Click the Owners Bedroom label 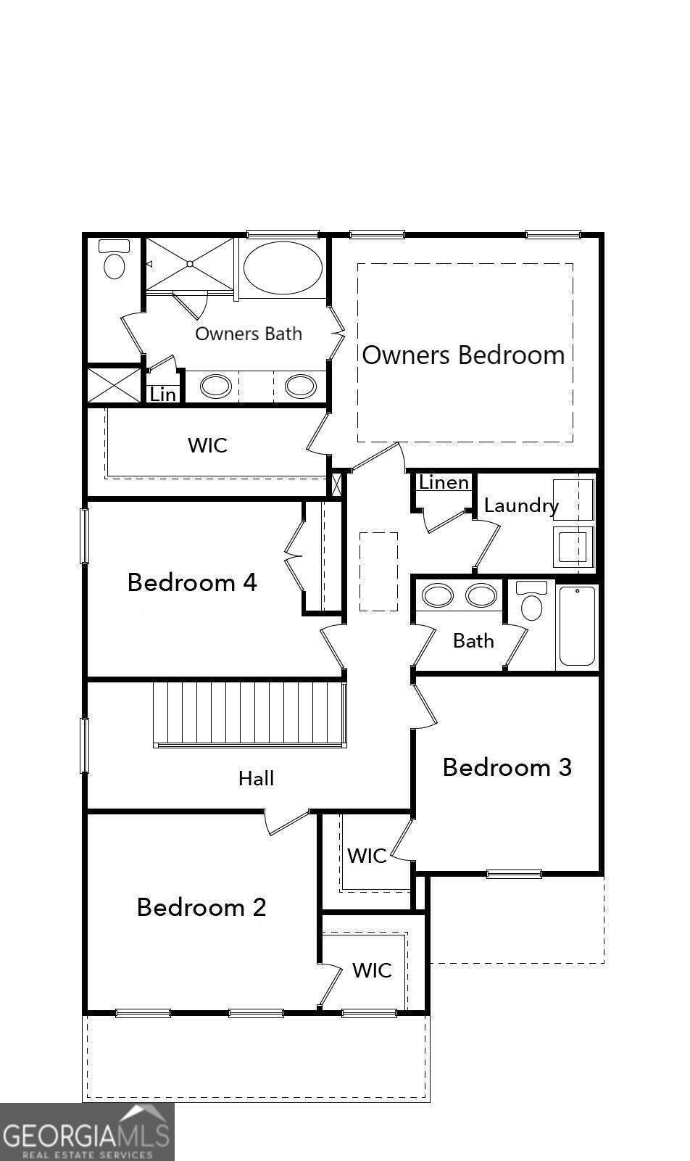coord(463,355)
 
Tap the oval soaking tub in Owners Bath coord(283,268)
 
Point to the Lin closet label coord(163,394)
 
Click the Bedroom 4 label coord(192,582)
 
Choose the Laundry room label coord(521,505)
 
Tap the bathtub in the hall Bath coord(577,626)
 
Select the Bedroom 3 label coord(507,767)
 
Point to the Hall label coord(257,779)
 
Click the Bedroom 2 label coord(201,907)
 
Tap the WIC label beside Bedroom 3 coord(367,856)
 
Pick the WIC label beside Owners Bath coord(208,445)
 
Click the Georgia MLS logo coord(87,1131)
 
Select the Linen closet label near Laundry coord(444,482)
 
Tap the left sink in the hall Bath coord(438,596)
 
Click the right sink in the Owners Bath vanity coord(299,386)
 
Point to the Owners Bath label coord(249,334)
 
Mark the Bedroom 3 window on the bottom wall coord(514,874)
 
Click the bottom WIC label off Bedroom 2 coord(372,970)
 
